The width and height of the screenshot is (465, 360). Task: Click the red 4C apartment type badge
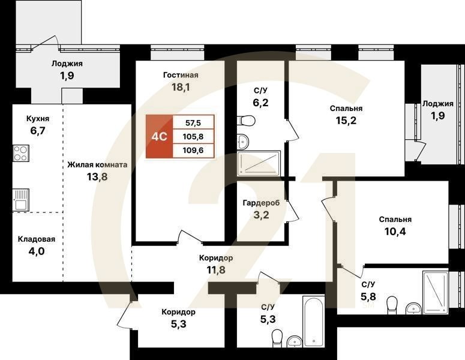pos(159,136)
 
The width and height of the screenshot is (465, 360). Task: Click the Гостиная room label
pos(181,75)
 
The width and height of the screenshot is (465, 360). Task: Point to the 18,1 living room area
pos(181,88)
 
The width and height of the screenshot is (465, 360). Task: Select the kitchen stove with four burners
pos(21,154)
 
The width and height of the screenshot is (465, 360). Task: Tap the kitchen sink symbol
pos(21,196)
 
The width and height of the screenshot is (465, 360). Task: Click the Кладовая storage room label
pos(36,239)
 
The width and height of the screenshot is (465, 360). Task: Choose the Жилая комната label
pos(97,164)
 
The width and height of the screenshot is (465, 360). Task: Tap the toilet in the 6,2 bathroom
pos(247,121)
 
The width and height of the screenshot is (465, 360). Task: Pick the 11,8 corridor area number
pos(216,269)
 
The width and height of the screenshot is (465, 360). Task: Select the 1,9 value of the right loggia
pos(438,116)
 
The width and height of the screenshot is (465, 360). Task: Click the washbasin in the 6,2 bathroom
pos(242,142)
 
